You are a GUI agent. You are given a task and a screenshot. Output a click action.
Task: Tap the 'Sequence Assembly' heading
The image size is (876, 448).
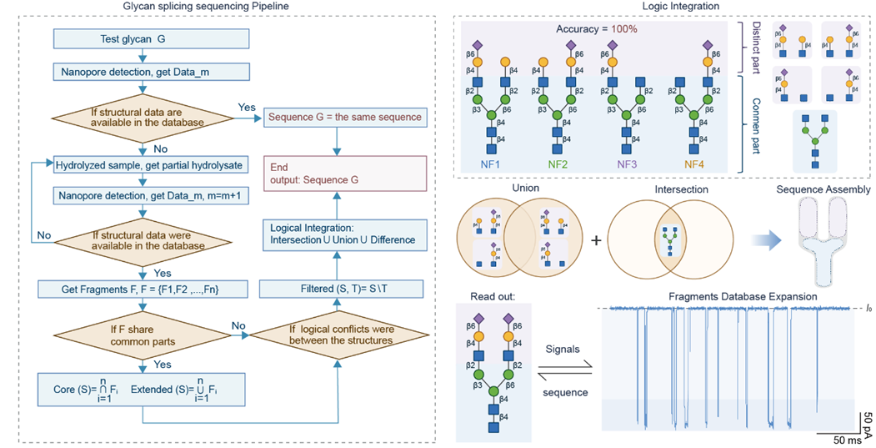coord(823,190)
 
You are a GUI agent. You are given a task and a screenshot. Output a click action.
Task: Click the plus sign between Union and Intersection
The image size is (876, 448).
coord(597,239)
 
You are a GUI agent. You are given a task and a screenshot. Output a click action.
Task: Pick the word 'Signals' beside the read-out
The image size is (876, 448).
coord(563,350)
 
